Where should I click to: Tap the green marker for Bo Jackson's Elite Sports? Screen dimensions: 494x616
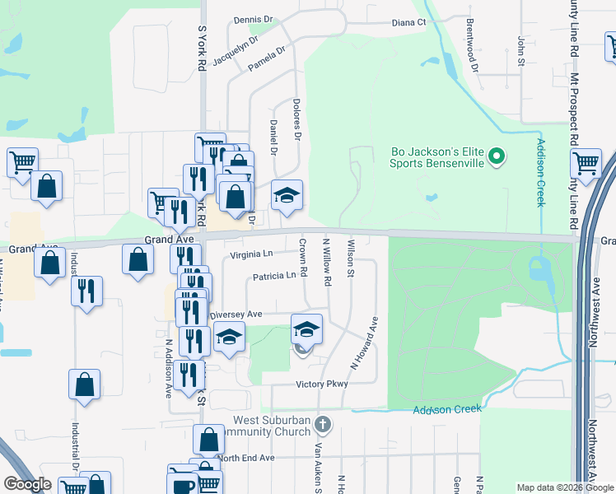coord(497,156)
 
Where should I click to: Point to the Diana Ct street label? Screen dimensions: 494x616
coord(408,23)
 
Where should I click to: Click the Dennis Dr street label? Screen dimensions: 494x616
coord(253,20)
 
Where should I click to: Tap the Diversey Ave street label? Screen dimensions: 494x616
coord(236,315)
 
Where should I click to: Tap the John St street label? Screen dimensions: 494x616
coord(521,50)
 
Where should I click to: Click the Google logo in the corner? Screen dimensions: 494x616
coord(26,484)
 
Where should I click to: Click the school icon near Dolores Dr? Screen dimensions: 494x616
coord(287,196)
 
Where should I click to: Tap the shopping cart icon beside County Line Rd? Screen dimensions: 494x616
coord(586,163)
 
